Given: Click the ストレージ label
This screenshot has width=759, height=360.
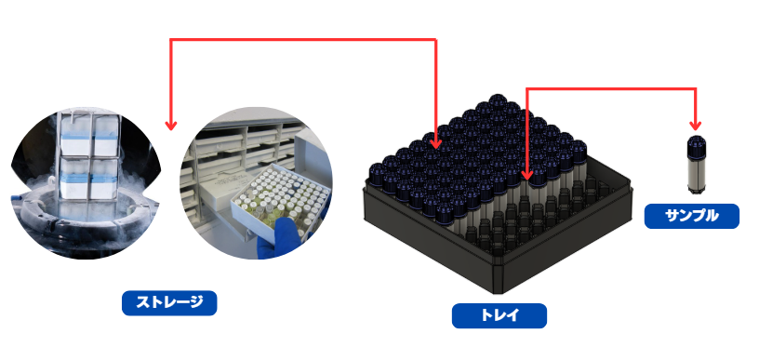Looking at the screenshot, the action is point(169,303).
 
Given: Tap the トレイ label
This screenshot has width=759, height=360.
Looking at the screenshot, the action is point(499,315).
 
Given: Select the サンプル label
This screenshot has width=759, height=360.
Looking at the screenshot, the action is point(692,217).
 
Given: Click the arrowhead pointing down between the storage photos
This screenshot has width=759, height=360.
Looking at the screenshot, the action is point(170,126).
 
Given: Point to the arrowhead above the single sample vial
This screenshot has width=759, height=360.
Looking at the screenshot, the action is point(695,126).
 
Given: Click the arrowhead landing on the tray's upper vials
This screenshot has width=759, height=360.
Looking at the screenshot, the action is point(435,143).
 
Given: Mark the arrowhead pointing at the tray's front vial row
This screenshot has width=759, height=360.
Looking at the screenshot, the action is point(527,173).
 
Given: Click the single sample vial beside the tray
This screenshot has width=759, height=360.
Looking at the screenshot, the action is point(695,166).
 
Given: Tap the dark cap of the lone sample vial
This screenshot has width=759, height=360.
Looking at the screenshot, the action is point(695,146).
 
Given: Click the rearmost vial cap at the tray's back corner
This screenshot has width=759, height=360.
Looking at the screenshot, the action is point(497,102).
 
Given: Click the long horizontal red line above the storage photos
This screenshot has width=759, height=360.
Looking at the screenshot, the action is point(303,40).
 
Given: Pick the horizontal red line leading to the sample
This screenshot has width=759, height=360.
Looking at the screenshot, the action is point(611,89).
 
